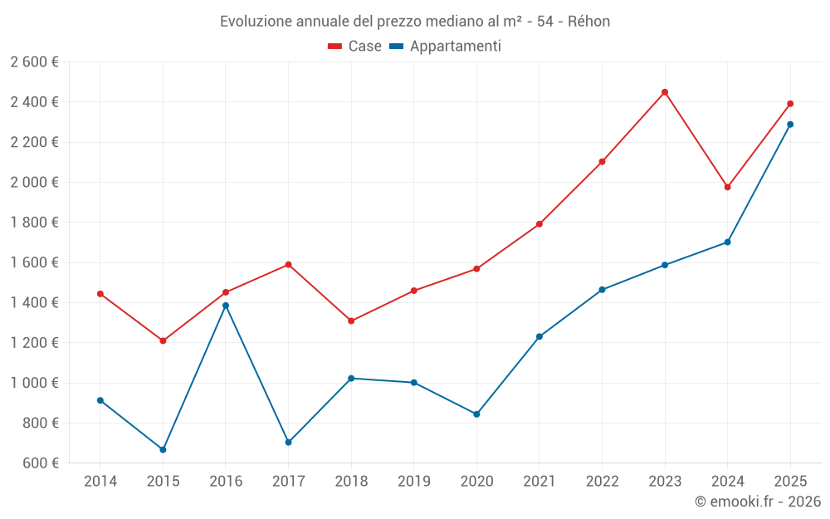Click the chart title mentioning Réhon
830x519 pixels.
(x=415, y=22)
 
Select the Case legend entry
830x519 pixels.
(x=355, y=47)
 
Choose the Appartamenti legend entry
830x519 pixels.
(x=446, y=47)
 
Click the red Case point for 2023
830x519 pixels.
(x=665, y=92)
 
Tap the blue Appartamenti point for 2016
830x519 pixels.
(x=226, y=306)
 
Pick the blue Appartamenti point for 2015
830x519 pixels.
(x=163, y=449)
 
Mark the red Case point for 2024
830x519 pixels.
(x=728, y=187)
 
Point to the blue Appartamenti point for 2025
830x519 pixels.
(x=790, y=125)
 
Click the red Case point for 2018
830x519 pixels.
(x=351, y=321)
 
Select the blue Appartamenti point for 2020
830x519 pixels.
(x=476, y=414)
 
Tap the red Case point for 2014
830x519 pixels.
(x=100, y=294)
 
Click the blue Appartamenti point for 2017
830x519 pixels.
(x=288, y=442)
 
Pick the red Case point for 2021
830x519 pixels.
(x=539, y=224)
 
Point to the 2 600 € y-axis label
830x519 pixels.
(x=34, y=62)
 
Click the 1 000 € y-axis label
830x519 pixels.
(x=34, y=383)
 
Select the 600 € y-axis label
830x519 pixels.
(x=40, y=463)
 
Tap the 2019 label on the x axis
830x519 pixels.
(x=413, y=481)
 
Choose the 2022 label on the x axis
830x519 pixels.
(x=602, y=481)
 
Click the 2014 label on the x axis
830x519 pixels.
(x=100, y=481)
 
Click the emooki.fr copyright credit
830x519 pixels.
(x=757, y=502)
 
